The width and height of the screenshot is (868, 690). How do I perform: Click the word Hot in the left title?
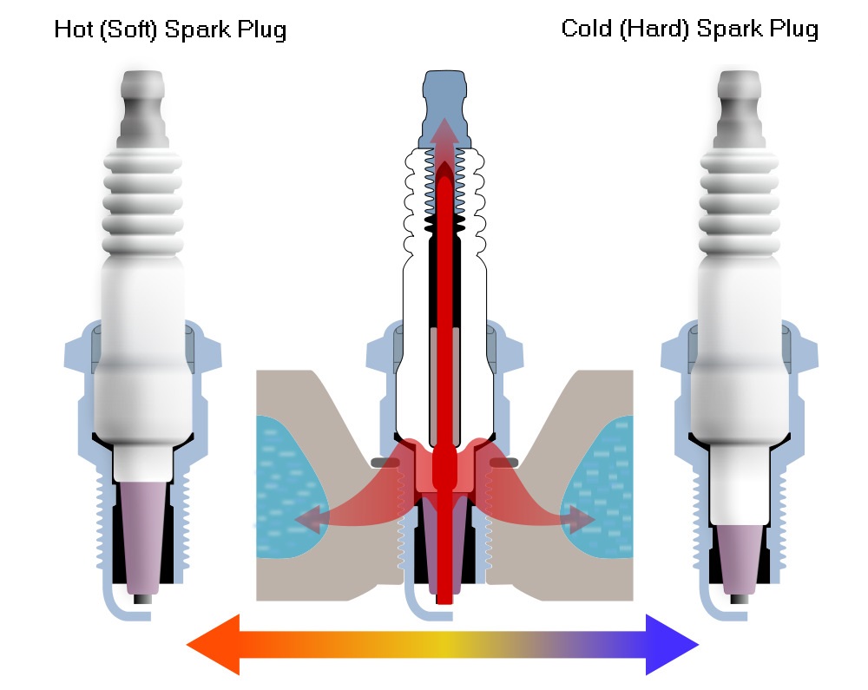point(74,30)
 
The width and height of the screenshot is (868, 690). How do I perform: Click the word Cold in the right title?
point(586,29)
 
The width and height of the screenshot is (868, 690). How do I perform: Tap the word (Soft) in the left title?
point(129,30)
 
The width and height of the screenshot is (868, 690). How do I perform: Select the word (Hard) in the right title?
point(654,29)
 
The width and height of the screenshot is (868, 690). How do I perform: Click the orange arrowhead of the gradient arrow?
point(214,645)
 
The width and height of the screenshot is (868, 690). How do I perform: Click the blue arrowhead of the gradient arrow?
point(672,645)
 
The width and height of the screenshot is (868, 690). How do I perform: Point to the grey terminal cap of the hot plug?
point(143,108)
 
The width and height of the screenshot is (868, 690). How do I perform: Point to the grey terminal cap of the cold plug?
point(739,108)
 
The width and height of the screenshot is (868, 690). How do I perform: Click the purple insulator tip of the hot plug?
point(143,536)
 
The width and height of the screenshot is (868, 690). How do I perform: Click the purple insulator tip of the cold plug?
point(739,559)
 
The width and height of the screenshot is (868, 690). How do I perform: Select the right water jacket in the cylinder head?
point(601,487)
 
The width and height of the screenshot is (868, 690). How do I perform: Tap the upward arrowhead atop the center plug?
point(444,132)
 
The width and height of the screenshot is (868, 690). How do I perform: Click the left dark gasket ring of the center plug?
point(385,462)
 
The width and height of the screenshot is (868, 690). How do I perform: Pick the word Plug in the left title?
point(262,30)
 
